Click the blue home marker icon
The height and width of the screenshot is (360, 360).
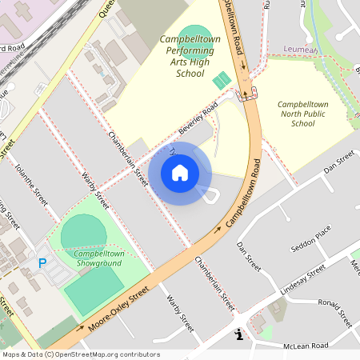[180, 173]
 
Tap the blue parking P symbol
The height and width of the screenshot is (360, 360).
[42, 263]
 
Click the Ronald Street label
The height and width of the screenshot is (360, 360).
[334, 313]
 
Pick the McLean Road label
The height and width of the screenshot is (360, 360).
[307, 345]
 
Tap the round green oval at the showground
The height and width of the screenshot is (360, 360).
[83, 233]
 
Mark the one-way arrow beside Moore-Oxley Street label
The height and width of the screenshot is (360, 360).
[80, 327]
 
